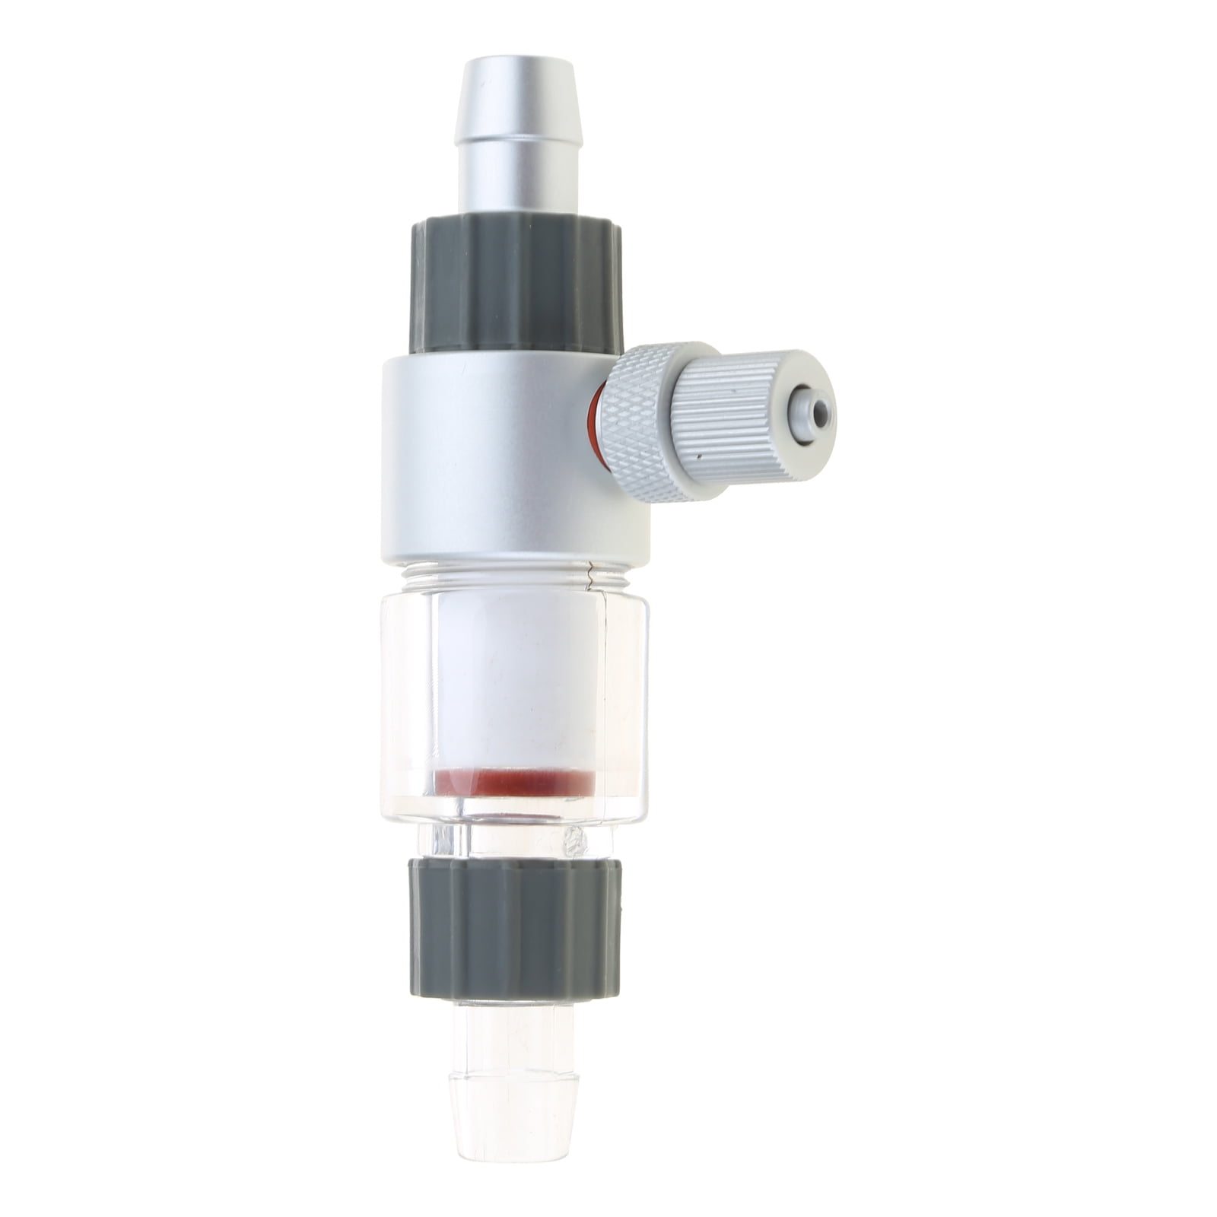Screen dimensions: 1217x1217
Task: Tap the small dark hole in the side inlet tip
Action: click(x=820, y=413)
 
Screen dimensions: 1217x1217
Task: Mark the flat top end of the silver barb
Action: click(x=517, y=62)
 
